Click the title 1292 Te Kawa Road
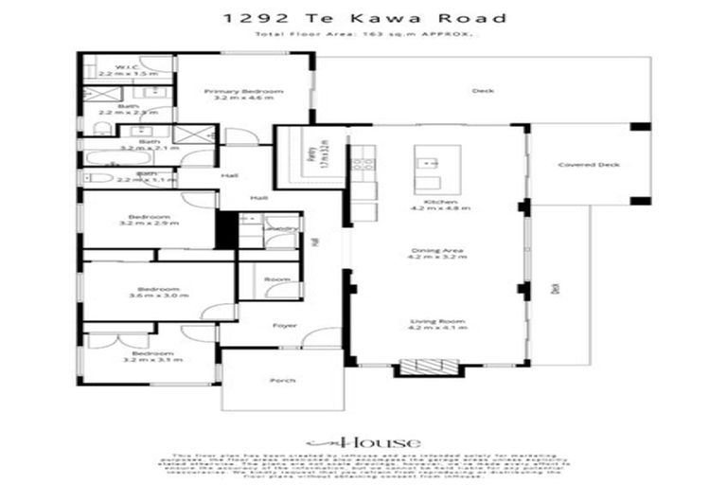point(363,18)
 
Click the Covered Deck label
point(589,164)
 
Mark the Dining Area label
point(440,253)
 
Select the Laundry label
point(284,228)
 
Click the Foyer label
point(284,325)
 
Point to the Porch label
point(282,380)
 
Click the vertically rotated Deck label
point(556,288)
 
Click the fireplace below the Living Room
point(423,365)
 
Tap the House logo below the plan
point(363,442)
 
